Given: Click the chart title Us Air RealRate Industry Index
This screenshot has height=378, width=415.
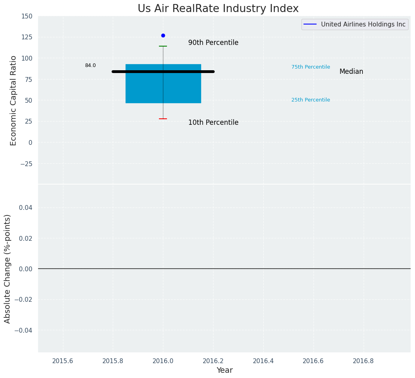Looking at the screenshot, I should [218, 9].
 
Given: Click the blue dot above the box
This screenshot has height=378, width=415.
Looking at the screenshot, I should [163, 35].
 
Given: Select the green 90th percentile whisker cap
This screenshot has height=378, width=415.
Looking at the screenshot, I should [163, 46].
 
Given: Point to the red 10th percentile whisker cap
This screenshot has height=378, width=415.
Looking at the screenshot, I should [163, 119].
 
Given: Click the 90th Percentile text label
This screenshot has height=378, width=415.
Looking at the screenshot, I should [213, 43].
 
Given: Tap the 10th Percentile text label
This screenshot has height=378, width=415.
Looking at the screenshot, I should [213, 123].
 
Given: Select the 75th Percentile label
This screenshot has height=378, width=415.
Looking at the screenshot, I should [311, 67].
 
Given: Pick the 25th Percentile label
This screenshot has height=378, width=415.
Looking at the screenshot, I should [311, 100].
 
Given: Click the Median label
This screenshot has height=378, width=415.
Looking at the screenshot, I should [351, 72].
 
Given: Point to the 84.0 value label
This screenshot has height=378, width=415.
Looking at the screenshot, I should [90, 65].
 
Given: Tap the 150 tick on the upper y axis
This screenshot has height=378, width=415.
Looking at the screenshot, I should [27, 16].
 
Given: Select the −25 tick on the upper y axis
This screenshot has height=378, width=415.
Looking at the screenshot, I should [26, 164].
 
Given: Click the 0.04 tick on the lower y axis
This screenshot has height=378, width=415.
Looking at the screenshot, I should [26, 207].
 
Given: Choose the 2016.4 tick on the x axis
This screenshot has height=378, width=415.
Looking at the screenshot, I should [263, 361].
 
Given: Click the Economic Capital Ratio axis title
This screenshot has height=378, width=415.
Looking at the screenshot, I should [14, 100].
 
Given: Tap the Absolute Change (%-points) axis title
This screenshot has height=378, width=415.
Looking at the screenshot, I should [8, 268].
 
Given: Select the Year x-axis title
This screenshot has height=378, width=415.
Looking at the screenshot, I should [224, 370].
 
